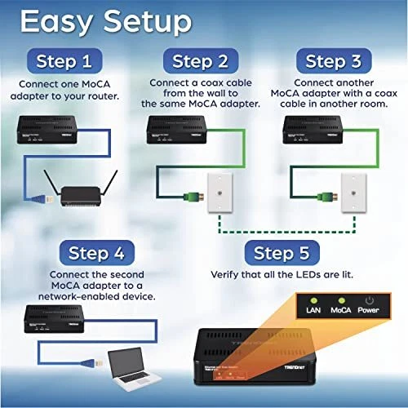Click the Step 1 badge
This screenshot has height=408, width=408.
point(69,61)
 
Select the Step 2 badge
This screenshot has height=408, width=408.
point(201,61)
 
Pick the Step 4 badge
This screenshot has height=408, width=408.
point(101,252)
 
